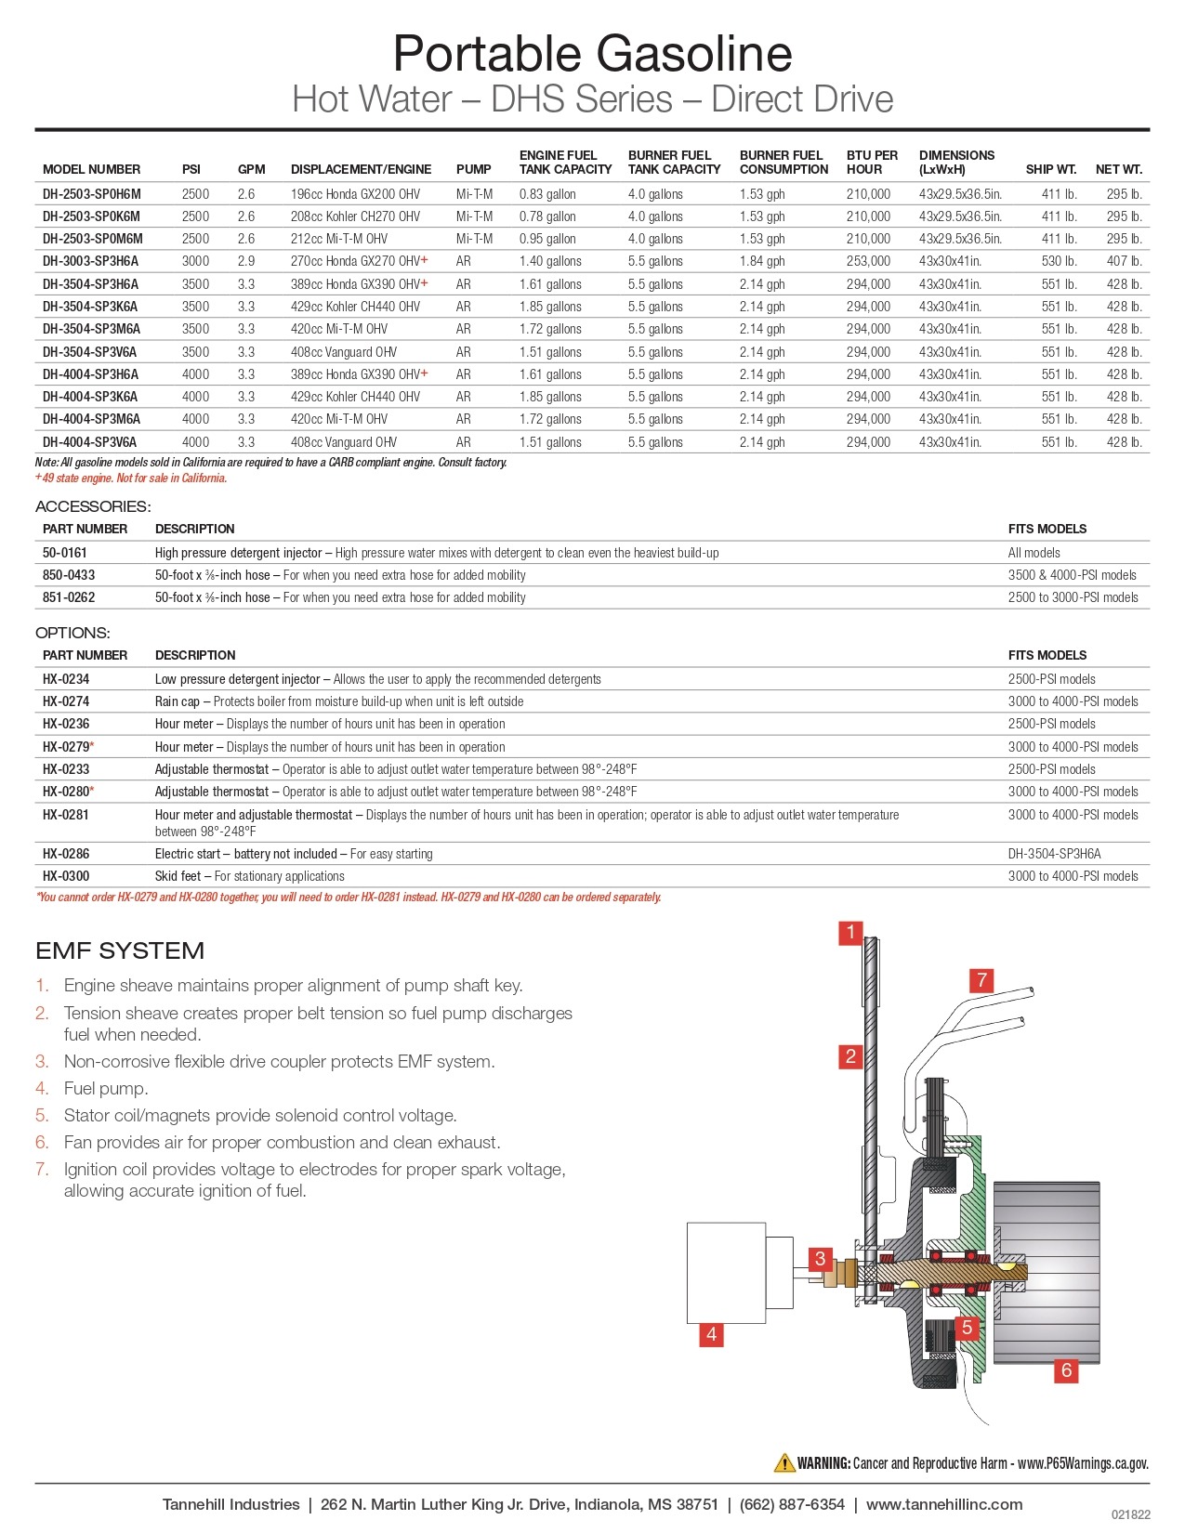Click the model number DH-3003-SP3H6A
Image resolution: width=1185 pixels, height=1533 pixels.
click(90, 261)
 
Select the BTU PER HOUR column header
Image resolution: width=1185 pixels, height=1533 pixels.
click(872, 163)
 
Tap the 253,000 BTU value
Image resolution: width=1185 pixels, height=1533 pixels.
click(868, 261)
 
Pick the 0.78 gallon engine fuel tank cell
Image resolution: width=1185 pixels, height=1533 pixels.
click(547, 216)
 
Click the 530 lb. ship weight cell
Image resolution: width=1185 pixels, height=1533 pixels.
click(1059, 261)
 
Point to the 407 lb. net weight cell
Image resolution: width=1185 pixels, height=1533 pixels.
click(1124, 261)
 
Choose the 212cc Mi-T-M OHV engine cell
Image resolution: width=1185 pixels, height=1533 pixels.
click(339, 239)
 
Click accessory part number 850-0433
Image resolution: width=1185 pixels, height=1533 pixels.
click(69, 575)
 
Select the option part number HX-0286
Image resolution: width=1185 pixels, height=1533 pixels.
click(66, 854)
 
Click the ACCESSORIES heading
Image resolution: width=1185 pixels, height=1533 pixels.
click(93, 506)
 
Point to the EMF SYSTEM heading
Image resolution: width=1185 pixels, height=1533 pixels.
click(120, 950)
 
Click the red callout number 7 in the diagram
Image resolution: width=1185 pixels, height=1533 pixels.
click(981, 979)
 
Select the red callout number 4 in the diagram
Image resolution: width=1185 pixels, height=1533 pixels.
click(711, 1334)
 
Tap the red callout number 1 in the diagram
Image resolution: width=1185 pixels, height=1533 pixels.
click(850, 932)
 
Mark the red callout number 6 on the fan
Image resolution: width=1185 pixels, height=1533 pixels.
click(1066, 1369)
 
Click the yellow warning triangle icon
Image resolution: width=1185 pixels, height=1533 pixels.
click(784, 1463)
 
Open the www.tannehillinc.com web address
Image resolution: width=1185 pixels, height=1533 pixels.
click(943, 1504)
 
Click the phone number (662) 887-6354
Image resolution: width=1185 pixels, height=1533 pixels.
click(792, 1504)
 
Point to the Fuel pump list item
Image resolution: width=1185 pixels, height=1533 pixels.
click(106, 1088)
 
